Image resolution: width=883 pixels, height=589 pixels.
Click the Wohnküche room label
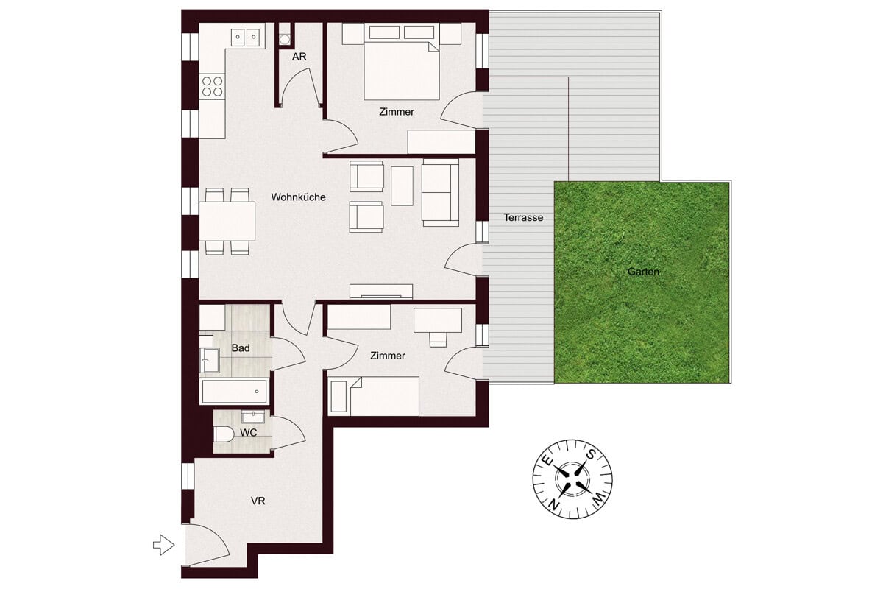pyautogui.click(x=298, y=197)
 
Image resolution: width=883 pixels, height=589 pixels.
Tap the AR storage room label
pyautogui.click(x=299, y=57)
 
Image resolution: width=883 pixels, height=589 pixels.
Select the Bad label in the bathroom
pyautogui.click(x=241, y=348)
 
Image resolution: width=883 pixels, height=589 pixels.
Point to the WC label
pyautogui.click(x=249, y=433)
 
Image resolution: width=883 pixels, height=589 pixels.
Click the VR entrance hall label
pyautogui.click(x=258, y=501)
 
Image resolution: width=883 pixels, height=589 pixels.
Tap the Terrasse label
pyautogui.click(x=523, y=217)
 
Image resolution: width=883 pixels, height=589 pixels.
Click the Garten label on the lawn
pyautogui.click(x=643, y=272)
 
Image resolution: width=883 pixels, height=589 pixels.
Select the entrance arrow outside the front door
pyautogui.click(x=163, y=546)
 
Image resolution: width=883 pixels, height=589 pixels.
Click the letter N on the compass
pyautogui.click(x=555, y=504)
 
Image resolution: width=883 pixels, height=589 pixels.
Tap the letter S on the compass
pyautogui.click(x=590, y=454)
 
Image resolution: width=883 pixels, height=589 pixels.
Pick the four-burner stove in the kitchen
pyautogui.click(x=212, y=87)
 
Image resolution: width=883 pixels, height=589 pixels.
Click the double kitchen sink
pyautogui.click(x=245, y=38)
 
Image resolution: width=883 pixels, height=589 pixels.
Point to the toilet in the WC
pyautogui.click(x=224, y=434)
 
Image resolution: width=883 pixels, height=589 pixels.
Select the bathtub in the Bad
pyautogui.click(x=234, y=392)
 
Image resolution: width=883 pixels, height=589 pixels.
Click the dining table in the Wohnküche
pyautogui.click(x=227, y=222)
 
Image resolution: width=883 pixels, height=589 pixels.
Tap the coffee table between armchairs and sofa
pyautogui.click(x=402, y=186)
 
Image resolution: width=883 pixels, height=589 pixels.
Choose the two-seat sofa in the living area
pyautogui.click(x=440, y=192)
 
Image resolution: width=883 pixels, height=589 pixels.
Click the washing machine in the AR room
pyautogui.click(x=284, y=39)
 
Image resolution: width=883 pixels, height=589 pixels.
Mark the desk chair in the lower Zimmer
pyautogui.click(x=438, y=339)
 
